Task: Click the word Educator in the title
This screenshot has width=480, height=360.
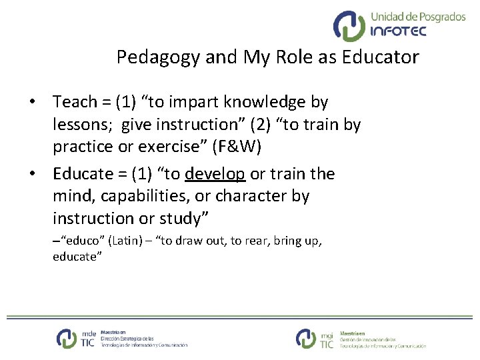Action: (x=382, y=57)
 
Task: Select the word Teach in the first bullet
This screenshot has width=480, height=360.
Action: (x=75, y=102)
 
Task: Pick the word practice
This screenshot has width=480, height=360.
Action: (x=83, y=147)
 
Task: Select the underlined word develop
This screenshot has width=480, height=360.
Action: (x=215, y=174)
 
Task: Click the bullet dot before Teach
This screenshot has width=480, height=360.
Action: (x=32, y=103)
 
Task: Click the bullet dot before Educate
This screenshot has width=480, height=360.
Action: (x=32, y=175)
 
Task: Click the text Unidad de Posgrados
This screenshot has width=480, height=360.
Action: (x=418, y=16)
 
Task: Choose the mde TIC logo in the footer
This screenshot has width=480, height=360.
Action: (x=77, y=338)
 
